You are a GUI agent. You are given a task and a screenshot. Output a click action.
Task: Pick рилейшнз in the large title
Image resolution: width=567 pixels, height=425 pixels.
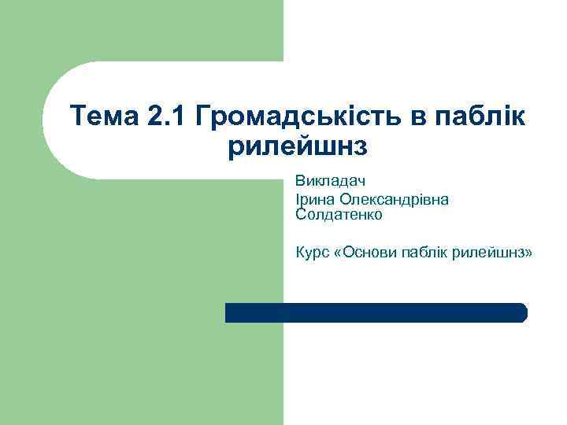pos(298,146)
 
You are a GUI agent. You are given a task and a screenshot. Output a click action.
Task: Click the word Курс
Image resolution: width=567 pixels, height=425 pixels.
pos(312,253)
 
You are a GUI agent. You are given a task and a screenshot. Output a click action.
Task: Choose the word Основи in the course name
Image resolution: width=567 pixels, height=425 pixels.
pos(372,253)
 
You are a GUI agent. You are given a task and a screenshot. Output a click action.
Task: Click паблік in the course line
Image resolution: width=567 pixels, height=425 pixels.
pos(430,253)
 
